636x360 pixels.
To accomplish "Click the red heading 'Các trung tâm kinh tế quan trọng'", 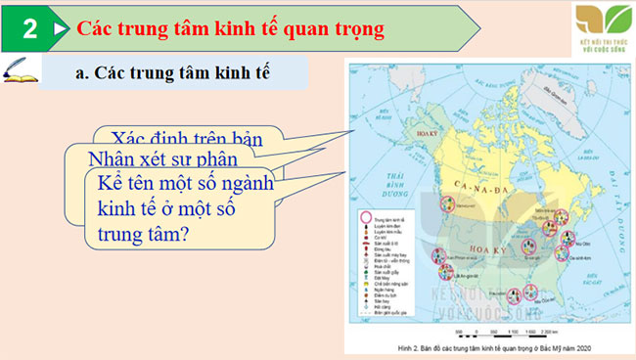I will coord(230,28).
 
